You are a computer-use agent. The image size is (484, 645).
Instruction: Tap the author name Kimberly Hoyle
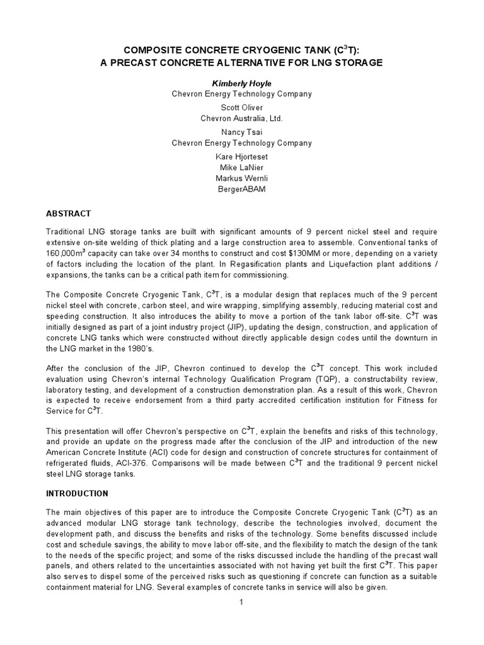tap(242, 83)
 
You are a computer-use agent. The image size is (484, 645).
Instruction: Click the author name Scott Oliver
tap(242, 107)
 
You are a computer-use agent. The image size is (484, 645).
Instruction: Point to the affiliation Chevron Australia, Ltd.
tap(242, 118)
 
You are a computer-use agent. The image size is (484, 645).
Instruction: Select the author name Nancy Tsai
tap(242, 132)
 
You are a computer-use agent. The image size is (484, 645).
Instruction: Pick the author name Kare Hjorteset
tap(242, 156)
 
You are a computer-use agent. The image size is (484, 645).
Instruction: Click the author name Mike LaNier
tap(242, 167)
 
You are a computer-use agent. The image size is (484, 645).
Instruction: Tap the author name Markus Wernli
tap(242, 178)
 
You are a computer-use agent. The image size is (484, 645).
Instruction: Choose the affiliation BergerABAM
tap(242, 190)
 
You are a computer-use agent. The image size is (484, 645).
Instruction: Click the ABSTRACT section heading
tap(69, 214)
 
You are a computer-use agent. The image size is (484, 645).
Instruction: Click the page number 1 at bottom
tap(241, 603)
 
